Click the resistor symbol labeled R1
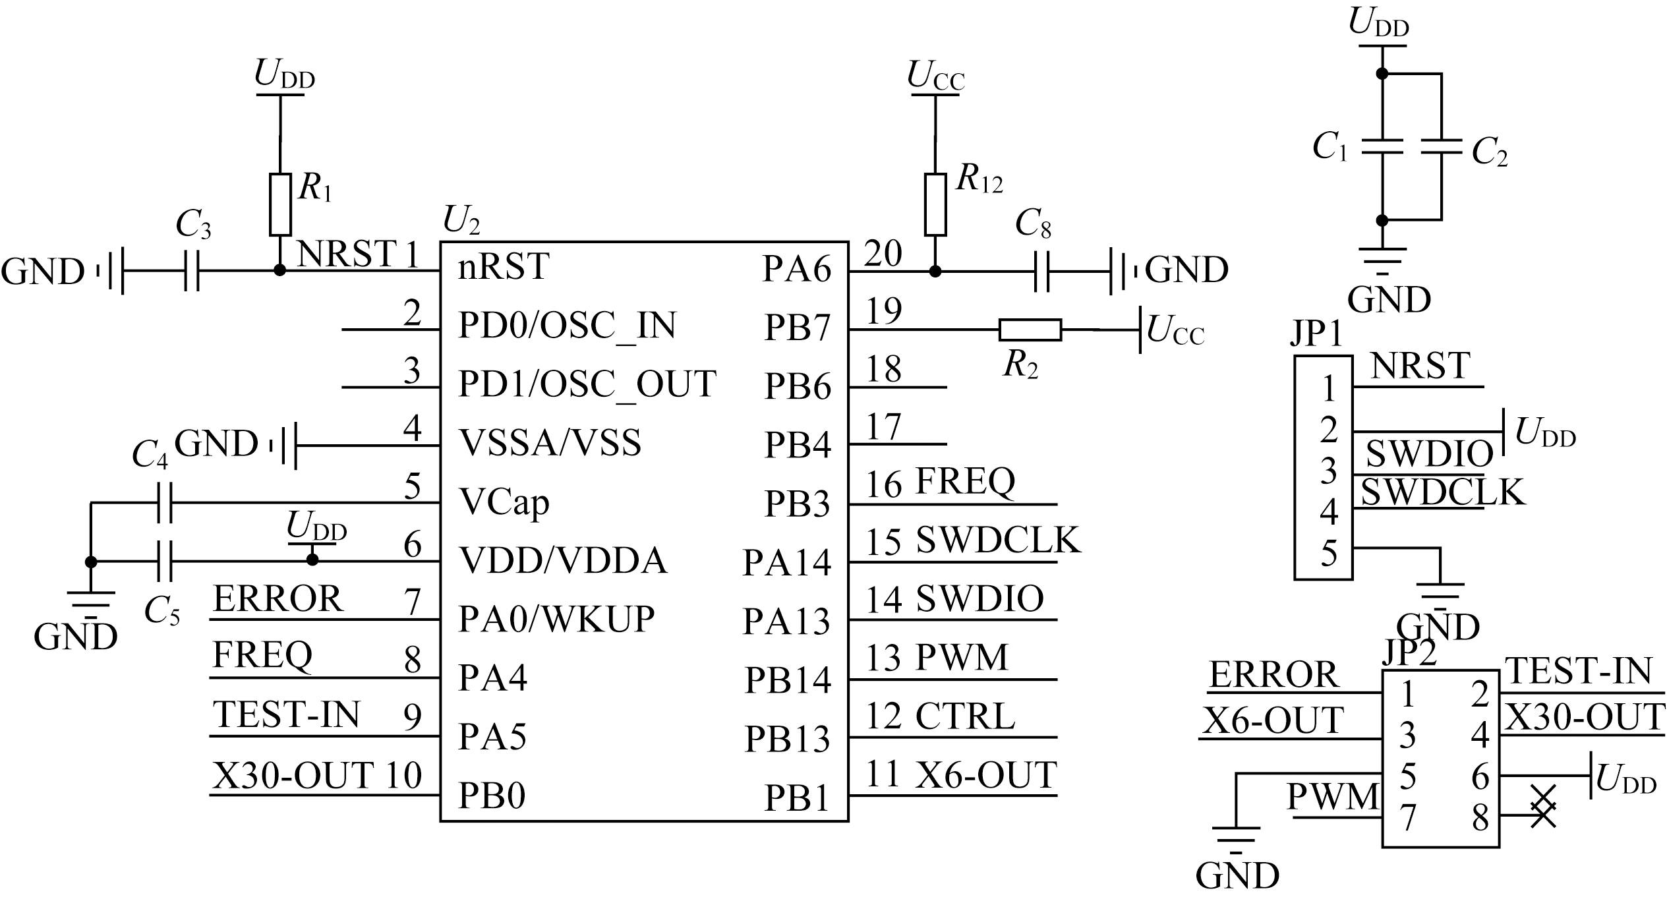click(x=280, y=204)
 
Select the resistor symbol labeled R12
click(x=935, y=204)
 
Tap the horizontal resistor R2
click(x=1030, y=330)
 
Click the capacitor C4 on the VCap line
click(x=165, y=503)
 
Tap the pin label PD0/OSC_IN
click(x=567, y=325)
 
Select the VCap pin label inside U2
click(x=504, y=502)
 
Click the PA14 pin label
click(x=787, y=563)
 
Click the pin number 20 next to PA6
click(x=883, y=253)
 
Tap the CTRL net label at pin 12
click(x=965, y=716)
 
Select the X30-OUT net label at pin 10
click(x=293, y=775)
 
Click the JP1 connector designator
click(x=1316, y=334)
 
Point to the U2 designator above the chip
click(x=461, y=219)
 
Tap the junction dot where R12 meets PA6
click(x=935, y=271)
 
